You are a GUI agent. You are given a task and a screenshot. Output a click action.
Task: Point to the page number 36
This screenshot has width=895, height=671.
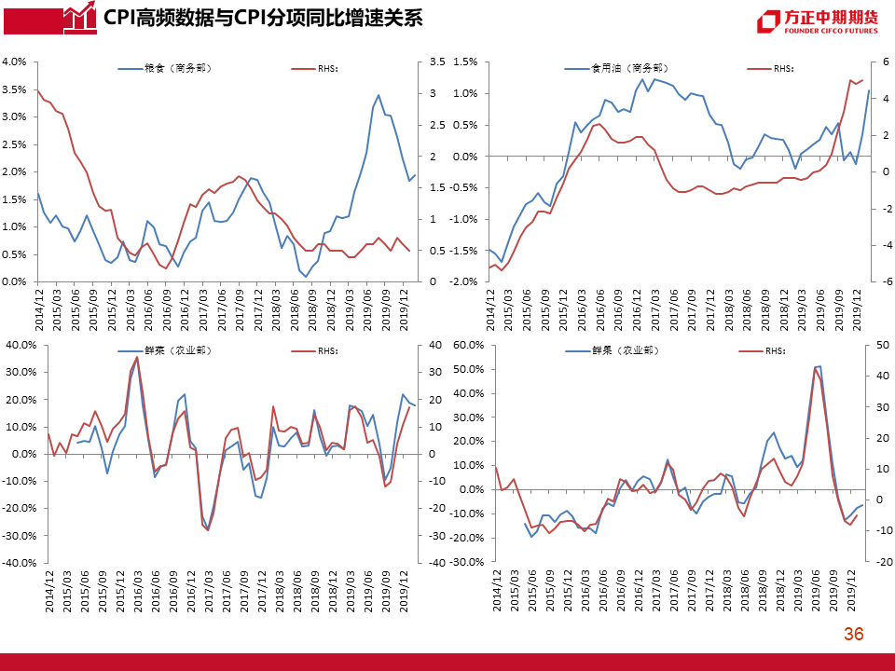pyautogui.click(x=853, y=635)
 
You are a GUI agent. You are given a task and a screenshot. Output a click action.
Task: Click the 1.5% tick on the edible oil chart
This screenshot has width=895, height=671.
pyautogui.click(x=465, y=62)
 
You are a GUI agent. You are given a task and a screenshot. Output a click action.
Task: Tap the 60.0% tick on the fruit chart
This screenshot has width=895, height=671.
pyautogui.click(x=468, y=345)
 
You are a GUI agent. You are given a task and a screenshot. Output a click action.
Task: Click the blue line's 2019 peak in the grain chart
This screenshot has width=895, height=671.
pyautogui.click(x=378, y=95)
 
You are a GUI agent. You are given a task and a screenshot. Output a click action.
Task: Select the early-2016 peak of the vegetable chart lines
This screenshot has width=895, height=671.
pyautogui.click(x=137, y=357)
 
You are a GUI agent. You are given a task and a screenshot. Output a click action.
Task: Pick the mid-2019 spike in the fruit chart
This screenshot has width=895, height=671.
pyautogui.click(x=818, y=367)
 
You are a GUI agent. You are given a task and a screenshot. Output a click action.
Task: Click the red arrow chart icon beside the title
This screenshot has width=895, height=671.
pyautogui.click(x=81, y=18)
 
